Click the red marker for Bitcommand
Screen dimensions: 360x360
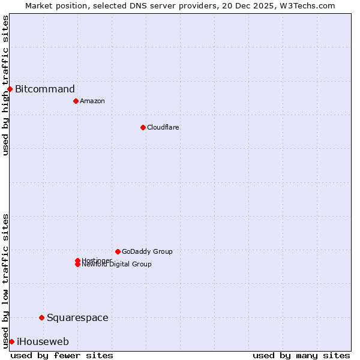tap(10, 89)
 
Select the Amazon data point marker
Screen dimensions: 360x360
tap(76, 101)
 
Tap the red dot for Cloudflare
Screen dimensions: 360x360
tap(143, 127)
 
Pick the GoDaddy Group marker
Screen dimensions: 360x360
tap(118, 251)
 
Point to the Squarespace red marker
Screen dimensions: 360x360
tap(41, 317)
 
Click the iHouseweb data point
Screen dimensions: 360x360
tap(11, 341)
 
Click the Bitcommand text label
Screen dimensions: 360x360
tap(45, 89)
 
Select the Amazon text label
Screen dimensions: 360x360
tap(92, 101)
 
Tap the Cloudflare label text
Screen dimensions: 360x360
tap(163, 127)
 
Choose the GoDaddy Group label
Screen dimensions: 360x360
tap(147, 251)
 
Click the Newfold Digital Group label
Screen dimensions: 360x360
tap(117, 265)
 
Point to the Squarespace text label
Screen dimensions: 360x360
tap(77, 318)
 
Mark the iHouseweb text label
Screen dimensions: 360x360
tap(43, 342)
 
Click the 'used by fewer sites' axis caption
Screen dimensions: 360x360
tap(62, 355)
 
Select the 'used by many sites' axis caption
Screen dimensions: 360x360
tap(301, 355)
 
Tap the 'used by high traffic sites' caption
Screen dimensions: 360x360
tap(5, 85)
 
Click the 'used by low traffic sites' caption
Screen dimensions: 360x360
tap(5, 280)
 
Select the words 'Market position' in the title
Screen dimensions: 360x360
tap(53, 5)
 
